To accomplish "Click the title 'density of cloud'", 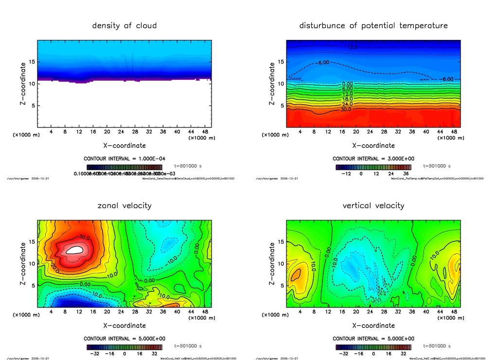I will pos(124,25).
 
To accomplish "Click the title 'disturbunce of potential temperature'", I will pos(373,25).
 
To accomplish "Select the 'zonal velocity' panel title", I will pos(124,206).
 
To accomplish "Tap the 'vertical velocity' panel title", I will pos(373,206).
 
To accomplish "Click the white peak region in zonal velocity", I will pos(75,250).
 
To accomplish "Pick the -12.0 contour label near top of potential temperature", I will pos(352,47).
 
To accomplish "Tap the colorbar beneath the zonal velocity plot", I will pos(124,347).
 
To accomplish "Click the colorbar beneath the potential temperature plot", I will pos(373,167).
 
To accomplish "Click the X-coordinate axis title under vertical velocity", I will pos(373,325).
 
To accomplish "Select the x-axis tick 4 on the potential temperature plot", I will pos(300,132).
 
